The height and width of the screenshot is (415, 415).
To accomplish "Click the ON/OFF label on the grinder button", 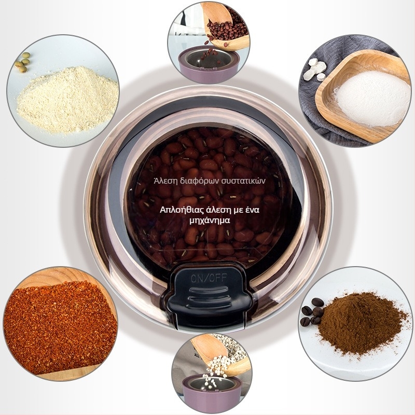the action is [x=209, y=278].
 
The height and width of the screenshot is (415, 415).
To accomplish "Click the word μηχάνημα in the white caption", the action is [x=210, y=220].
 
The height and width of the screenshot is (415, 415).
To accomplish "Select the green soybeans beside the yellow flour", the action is [x=23, y=62].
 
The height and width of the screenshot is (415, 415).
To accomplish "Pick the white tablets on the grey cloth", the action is [x=315, y=70].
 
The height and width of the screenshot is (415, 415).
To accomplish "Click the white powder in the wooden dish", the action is [x=372, y=98].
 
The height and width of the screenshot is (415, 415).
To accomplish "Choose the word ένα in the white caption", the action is [x=252, y=210].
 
